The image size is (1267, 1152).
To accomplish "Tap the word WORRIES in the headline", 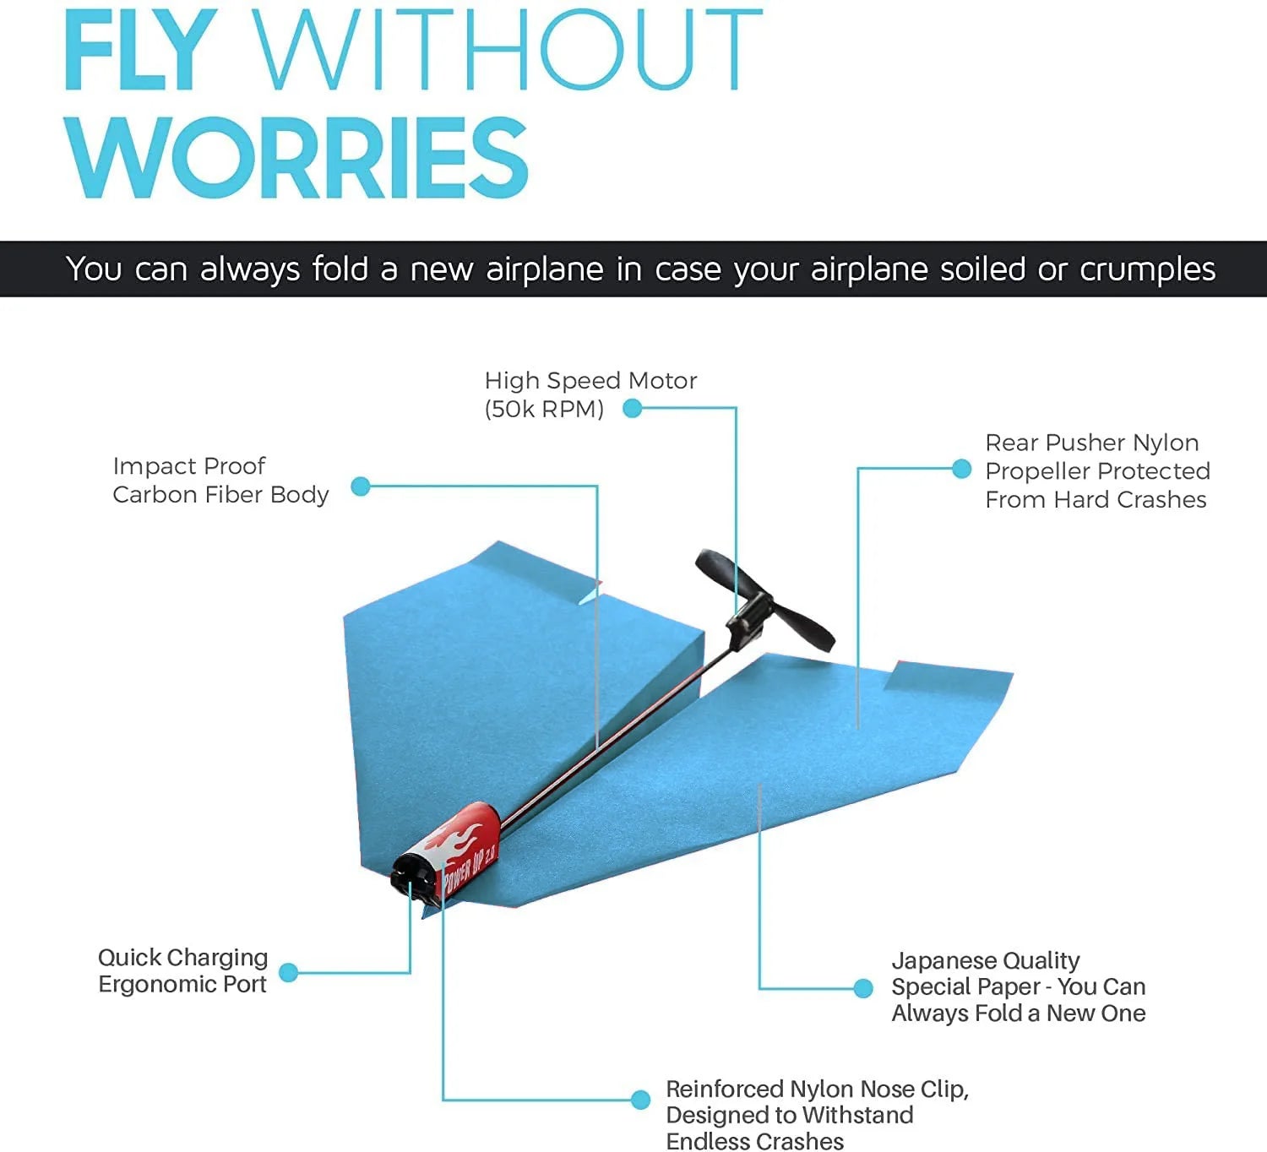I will [297, 158].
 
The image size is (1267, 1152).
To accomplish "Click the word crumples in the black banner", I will [1147, 269].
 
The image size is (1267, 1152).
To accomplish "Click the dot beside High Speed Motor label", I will [632, 409].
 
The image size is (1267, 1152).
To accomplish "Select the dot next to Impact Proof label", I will [361, 486].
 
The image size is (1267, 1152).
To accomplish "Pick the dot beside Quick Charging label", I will [288, 972].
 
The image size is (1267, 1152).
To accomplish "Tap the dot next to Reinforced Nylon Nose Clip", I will [640, 1100].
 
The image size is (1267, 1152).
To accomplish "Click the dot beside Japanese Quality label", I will [862, 988].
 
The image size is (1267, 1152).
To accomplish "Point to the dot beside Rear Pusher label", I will [961, 470].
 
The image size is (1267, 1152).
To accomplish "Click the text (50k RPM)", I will [544, 410].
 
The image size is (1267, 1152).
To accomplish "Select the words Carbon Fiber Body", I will [220, 495].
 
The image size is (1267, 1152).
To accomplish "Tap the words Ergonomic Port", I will [182, 985].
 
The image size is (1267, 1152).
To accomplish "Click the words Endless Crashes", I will [754, 1141].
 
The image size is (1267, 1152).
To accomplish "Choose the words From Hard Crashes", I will [1096, 500].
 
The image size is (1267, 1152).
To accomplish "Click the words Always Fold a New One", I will [1018, 1013].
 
